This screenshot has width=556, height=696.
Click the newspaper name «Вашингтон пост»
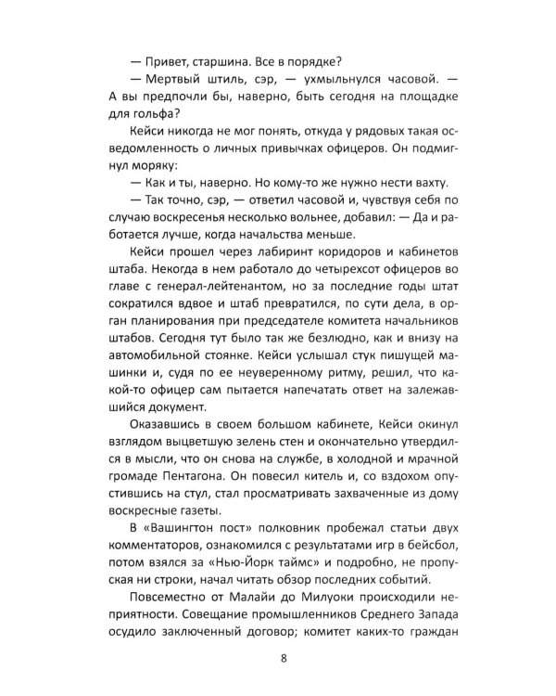[194, 535]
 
